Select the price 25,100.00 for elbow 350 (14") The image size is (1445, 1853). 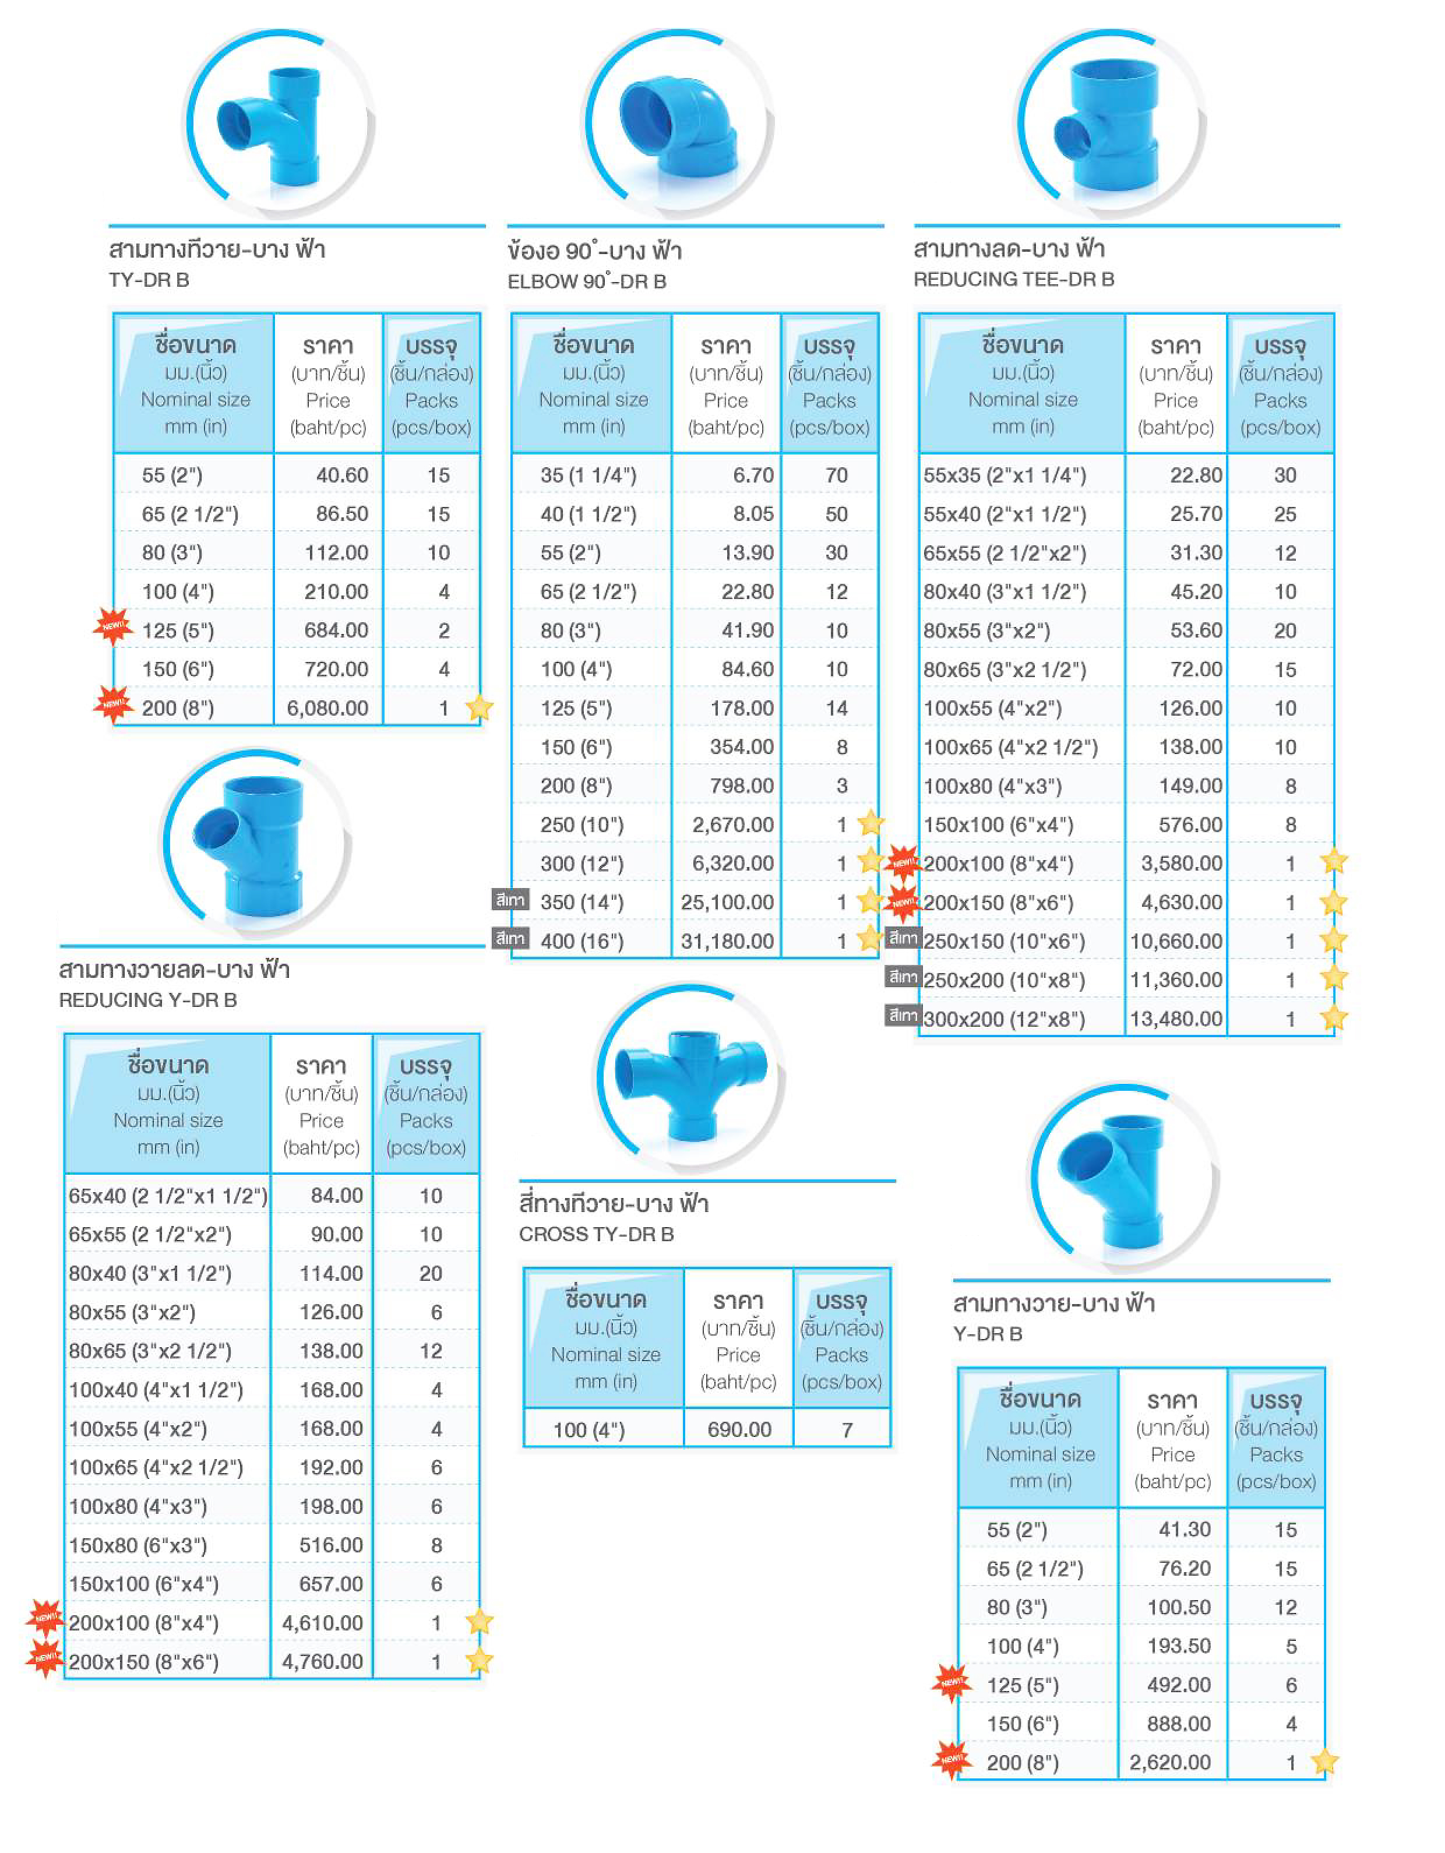pyautogui.click(x=727, y=902)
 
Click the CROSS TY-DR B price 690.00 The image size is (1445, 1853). pyautogui.click(x=739, y=1429)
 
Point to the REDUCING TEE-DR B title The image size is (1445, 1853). pyautogui.click(x=1014, y=279)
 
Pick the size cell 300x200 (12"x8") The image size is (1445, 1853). pyautogui.click(x=1004, y=1019)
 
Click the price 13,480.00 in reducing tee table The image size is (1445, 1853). pyautogui.click(x=1176, y=1019)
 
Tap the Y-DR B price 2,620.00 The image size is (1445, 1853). pyautogui.click(x=1170, y=1762)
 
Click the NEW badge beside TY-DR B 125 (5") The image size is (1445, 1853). pyautogui.click(x=113, y=627)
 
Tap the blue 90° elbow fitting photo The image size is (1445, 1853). pyautogui.click(x=679, y=125)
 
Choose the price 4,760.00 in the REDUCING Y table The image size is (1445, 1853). pyautogui.click(x=322, y=1661)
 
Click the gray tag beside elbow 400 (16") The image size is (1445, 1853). pyautogui.click(x=510, y=938)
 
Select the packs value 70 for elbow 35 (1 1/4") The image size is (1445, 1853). pyautogui.click(x=837, y=475)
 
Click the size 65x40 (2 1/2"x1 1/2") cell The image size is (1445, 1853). pyautogui.click(x=168, y=1196)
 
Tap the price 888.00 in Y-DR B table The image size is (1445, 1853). pyautogui.click(x=1179, y=1723)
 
